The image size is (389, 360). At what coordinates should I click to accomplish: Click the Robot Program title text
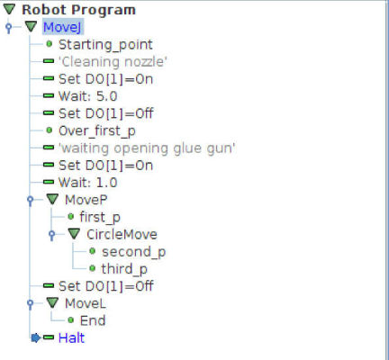pos(78,10)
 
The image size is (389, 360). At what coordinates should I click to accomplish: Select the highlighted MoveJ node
pos(62,27)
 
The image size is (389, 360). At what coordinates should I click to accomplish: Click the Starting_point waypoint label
pos(105,45)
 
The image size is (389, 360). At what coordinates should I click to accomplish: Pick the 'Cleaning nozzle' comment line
pos(113,62)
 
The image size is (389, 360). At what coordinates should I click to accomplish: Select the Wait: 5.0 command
pos(87,96)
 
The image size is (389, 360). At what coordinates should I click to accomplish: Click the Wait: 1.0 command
pos(87,183)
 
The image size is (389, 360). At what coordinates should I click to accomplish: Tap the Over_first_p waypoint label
pos(97,131)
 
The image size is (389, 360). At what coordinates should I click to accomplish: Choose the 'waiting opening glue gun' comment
pos(147,148)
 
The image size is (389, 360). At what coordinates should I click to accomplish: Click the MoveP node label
pos(86,200)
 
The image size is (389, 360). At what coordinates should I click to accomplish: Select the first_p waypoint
pos(100,217)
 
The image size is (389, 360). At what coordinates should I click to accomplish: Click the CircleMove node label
pos(122,234)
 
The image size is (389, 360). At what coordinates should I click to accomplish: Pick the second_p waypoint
pos(133,252)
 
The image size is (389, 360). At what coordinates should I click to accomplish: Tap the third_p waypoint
pos(124,269)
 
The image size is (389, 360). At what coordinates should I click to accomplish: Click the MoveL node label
pos(86,303)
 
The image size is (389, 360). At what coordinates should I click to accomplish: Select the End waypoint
pos(93,320)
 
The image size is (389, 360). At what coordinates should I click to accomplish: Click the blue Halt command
pos(71,338)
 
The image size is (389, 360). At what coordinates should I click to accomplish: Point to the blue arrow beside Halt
pos(36,337)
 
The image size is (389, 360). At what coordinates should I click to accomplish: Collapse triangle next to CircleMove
pos(74,234)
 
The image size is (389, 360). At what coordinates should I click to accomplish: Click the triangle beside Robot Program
pos(9,9)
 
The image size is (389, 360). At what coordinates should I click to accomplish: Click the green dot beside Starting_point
pos(50,44)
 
